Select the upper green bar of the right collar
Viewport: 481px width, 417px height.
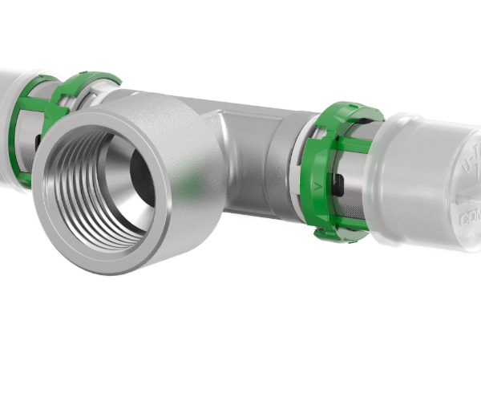tap(353, 146)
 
